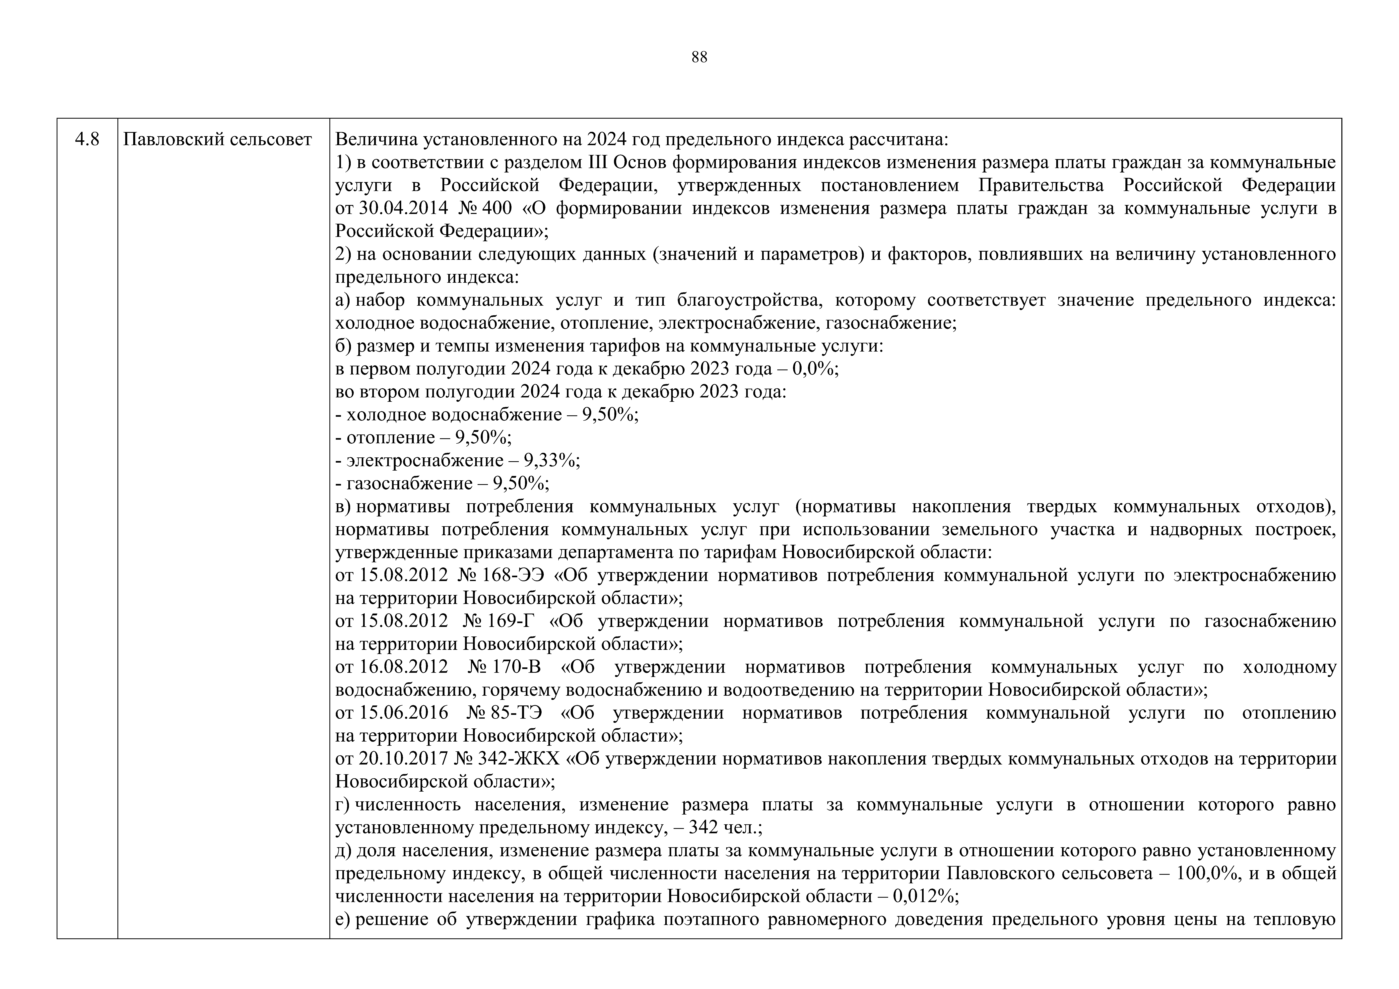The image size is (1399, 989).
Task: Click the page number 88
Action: coord(699,57)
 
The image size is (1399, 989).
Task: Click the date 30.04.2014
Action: coord(403,208)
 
